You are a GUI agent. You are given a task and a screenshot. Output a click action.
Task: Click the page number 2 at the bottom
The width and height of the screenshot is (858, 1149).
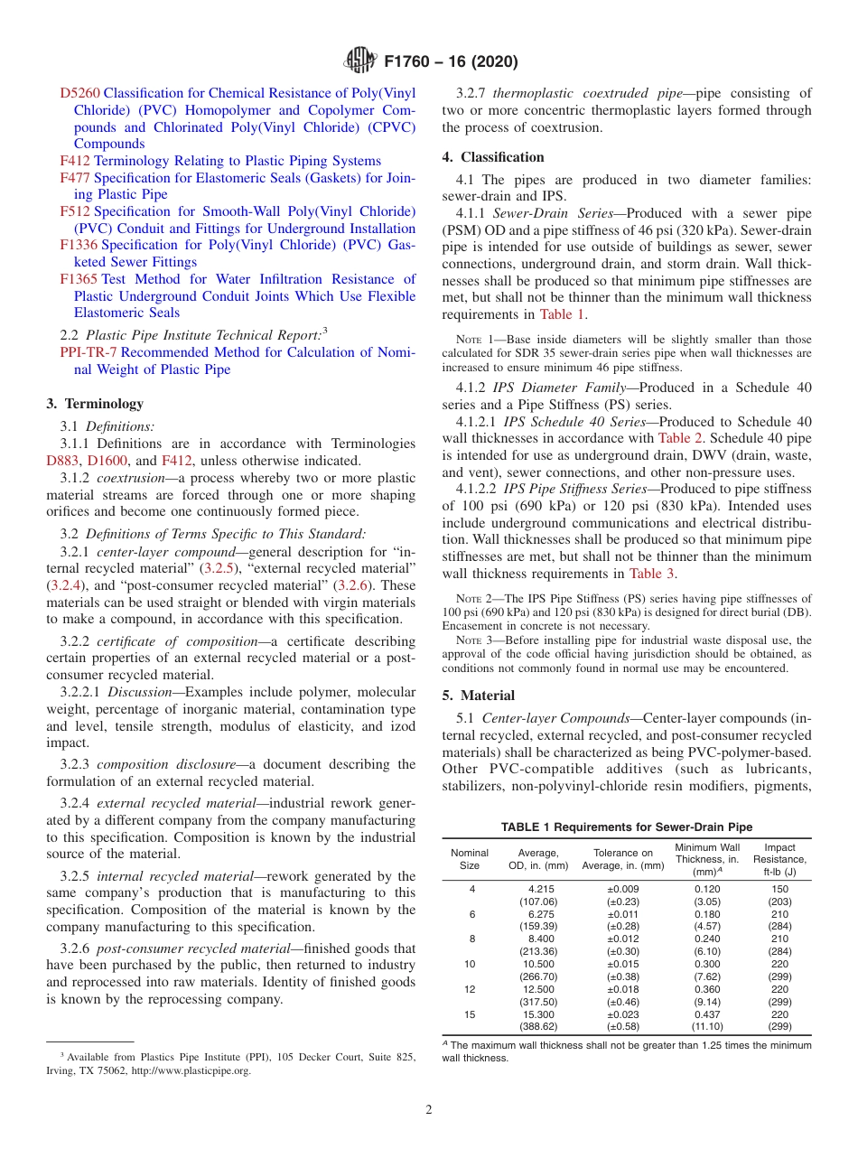pos(429,1109)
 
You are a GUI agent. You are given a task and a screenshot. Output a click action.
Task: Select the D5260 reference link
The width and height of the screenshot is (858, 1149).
pos(79,93)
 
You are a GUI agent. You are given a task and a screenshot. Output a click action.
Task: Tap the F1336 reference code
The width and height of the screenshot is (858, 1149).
pos(79,245)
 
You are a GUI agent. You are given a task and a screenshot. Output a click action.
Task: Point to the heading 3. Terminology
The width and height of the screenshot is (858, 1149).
pos(95,404)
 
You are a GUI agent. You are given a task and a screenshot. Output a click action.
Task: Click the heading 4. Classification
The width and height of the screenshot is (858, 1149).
pos(493,157)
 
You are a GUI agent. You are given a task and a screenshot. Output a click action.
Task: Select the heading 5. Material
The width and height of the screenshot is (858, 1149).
pos(479,696)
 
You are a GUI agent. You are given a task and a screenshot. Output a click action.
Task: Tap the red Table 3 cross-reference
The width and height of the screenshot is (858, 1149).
pos(651,574)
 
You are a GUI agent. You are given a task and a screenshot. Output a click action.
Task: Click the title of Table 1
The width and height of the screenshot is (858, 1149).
pos(627,827)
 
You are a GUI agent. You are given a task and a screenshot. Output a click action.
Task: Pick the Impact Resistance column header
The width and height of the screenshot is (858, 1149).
pos(779,859)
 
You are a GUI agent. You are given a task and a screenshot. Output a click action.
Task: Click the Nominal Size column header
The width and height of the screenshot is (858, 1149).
pos(470,859)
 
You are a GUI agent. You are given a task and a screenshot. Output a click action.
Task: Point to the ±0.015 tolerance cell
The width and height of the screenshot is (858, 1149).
pos(622,965)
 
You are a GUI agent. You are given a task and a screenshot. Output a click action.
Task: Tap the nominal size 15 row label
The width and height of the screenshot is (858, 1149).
pos(470,1015)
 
